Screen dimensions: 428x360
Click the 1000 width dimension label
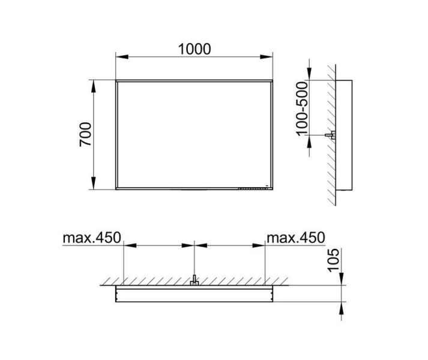click(194, 49)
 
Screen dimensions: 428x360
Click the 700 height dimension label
click(85, 134)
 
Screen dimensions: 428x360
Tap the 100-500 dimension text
click(302, 109)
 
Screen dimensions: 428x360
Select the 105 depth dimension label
click(333, 260)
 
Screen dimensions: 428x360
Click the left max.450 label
click(92, 238)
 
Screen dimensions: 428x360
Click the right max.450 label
click(296, 238)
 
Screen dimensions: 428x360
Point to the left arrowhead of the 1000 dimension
click(122, 57)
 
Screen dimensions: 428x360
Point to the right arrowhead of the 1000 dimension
click(267, 57)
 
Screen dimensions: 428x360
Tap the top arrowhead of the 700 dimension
click(94, 86)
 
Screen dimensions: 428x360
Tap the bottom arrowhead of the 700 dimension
click(94, 183)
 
